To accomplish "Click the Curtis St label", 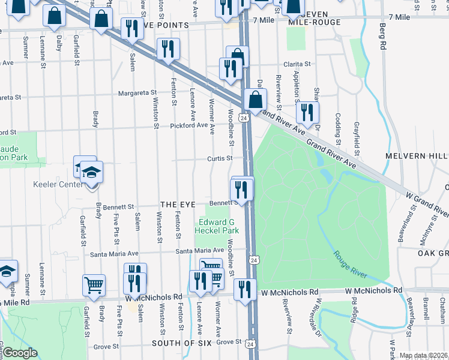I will click(x=220, y=158).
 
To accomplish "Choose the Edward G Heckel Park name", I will click(x=219, y=226).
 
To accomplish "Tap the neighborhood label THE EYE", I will click(x=178, y=205).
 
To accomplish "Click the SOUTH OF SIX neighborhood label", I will click(x=182, y=343).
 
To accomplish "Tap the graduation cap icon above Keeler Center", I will click(x=92, y=173).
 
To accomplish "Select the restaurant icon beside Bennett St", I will click(x=243, y=190).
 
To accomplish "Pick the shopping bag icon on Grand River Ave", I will click(x=256, y=100).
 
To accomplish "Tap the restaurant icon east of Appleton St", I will click(x=307, y=112).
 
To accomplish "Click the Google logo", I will click(x=20, y=353).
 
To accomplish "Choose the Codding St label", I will click(x=339, y=126).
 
